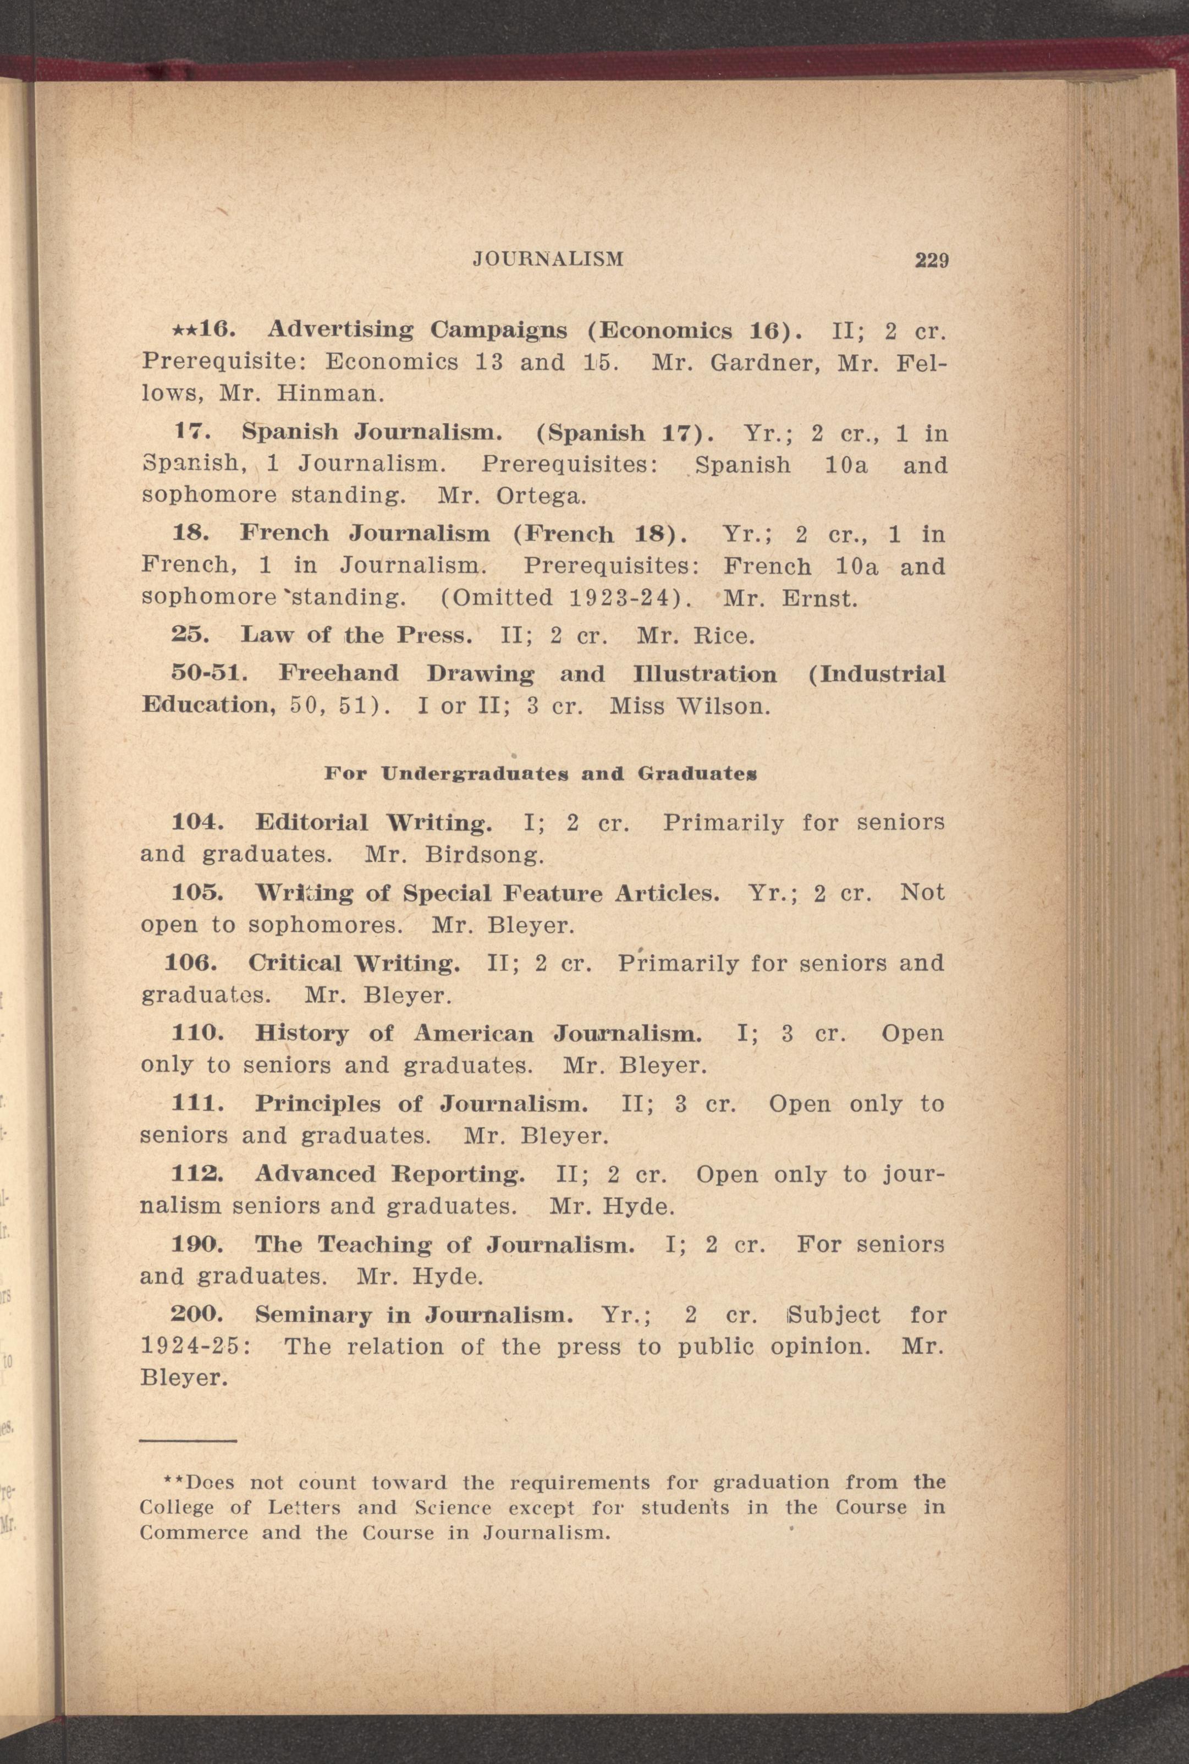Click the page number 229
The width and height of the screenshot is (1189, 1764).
931,260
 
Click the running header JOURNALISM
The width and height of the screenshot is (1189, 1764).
548,260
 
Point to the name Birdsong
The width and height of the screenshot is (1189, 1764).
484,855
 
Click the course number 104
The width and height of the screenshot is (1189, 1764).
197,822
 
